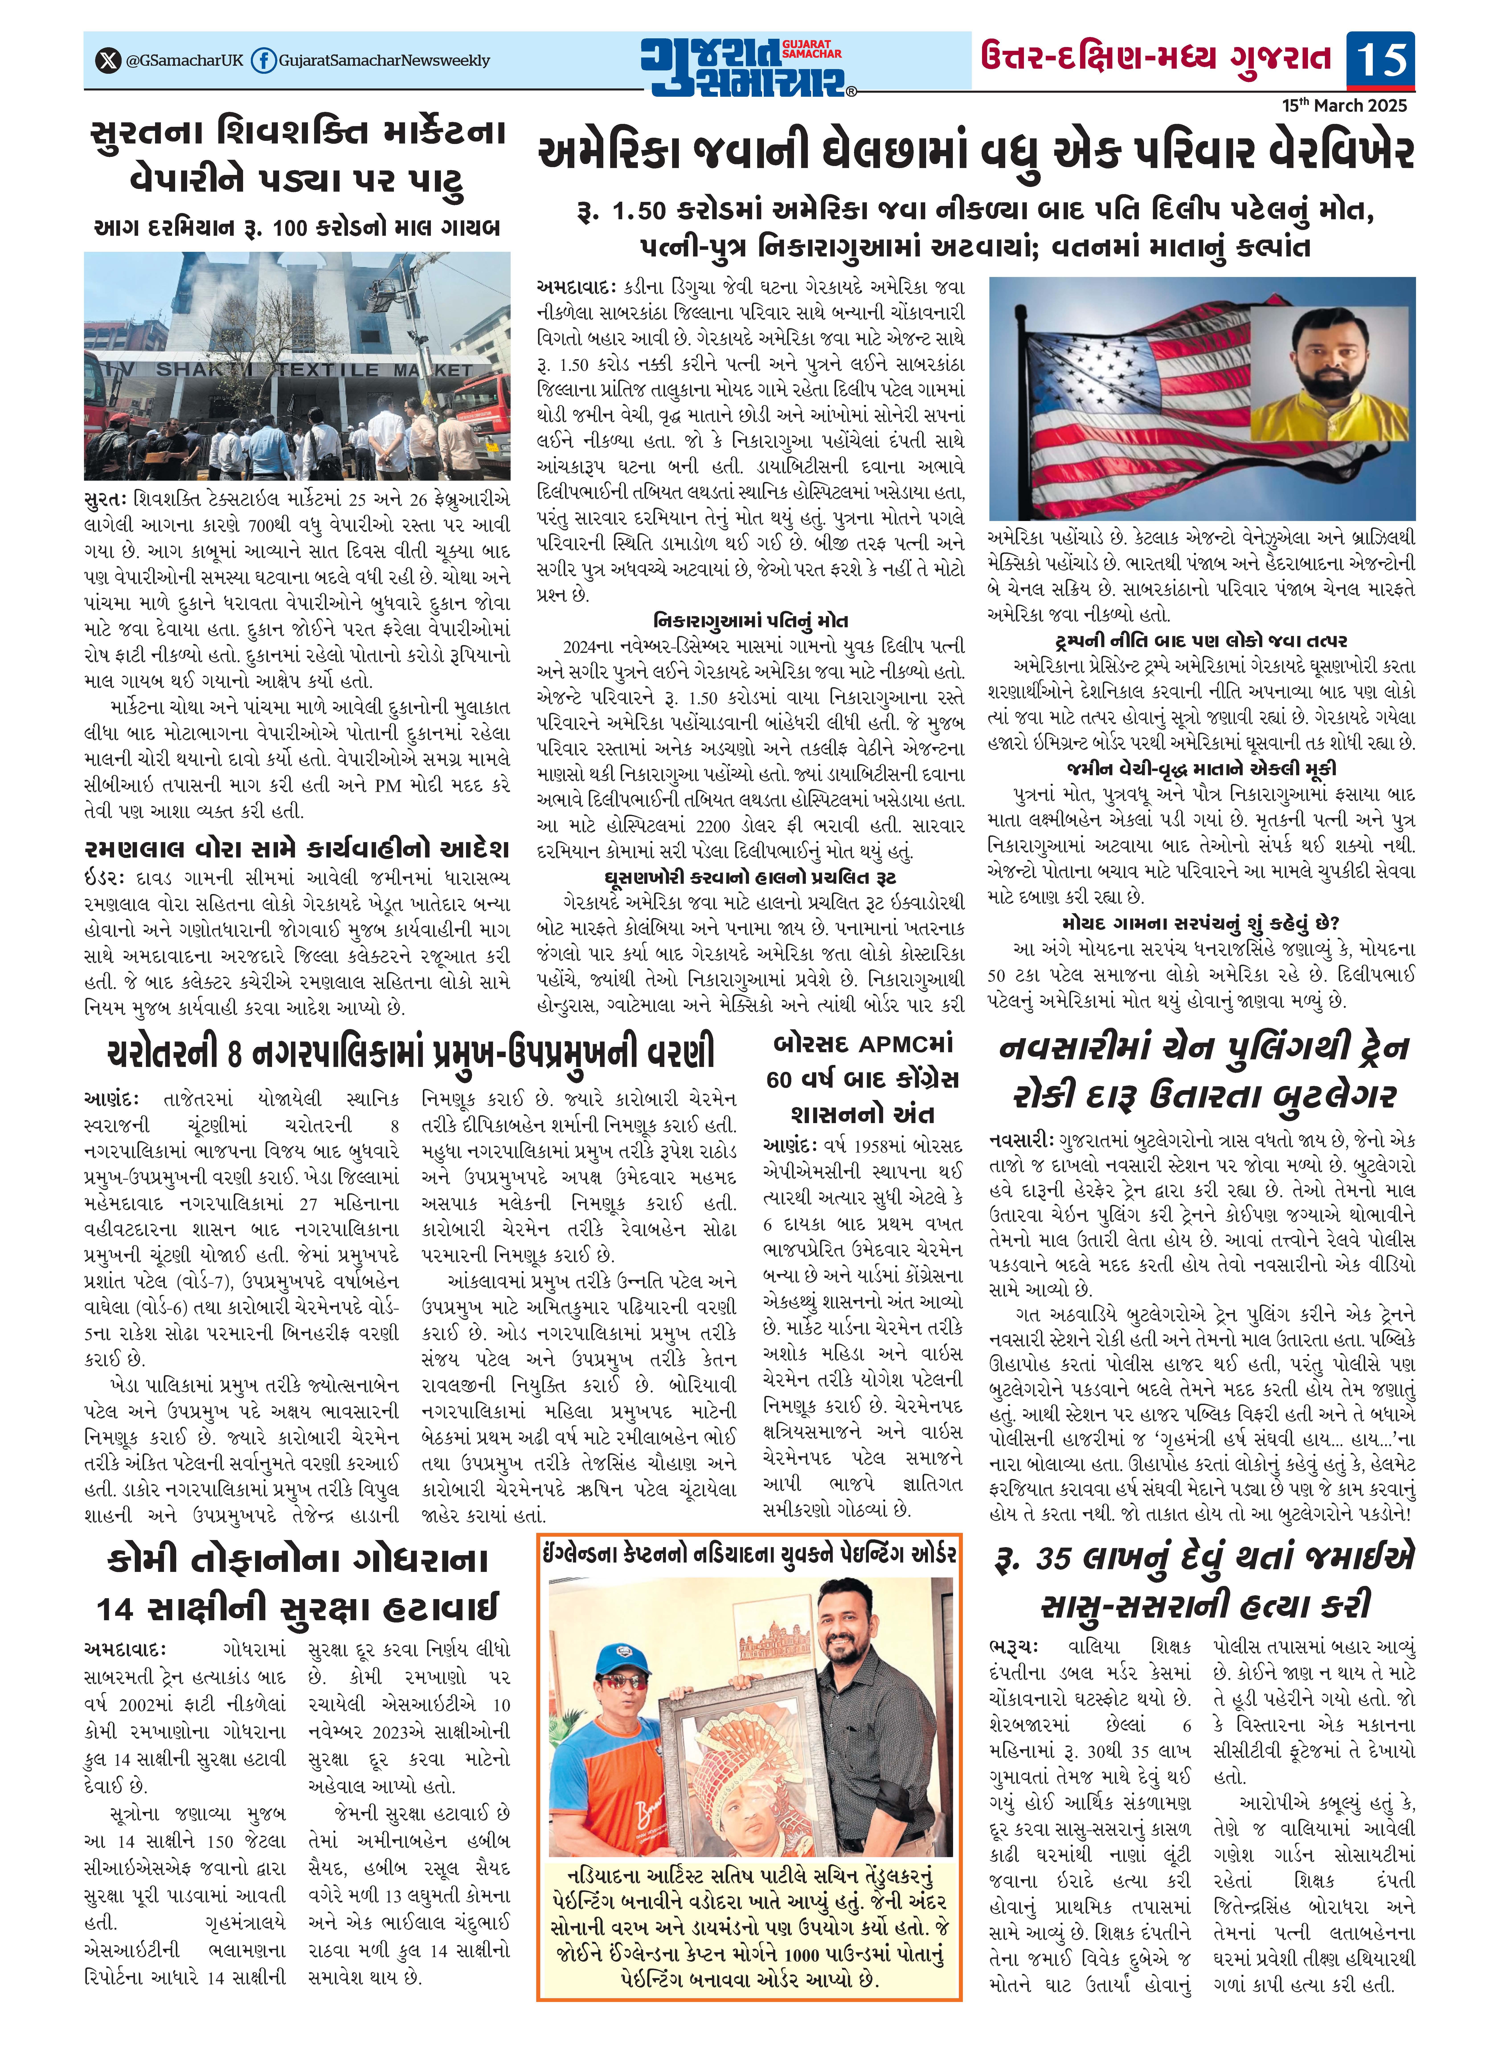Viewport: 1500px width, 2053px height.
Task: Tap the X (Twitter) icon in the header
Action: [x=108, y=61]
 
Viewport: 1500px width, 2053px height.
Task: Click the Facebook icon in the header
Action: [x=263, y=61]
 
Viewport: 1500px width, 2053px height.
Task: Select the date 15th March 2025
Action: [x=1344, y=105]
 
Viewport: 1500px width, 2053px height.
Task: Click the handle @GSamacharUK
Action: [x=184, y=61]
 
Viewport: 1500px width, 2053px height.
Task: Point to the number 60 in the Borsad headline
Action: [x=779, y=1080]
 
